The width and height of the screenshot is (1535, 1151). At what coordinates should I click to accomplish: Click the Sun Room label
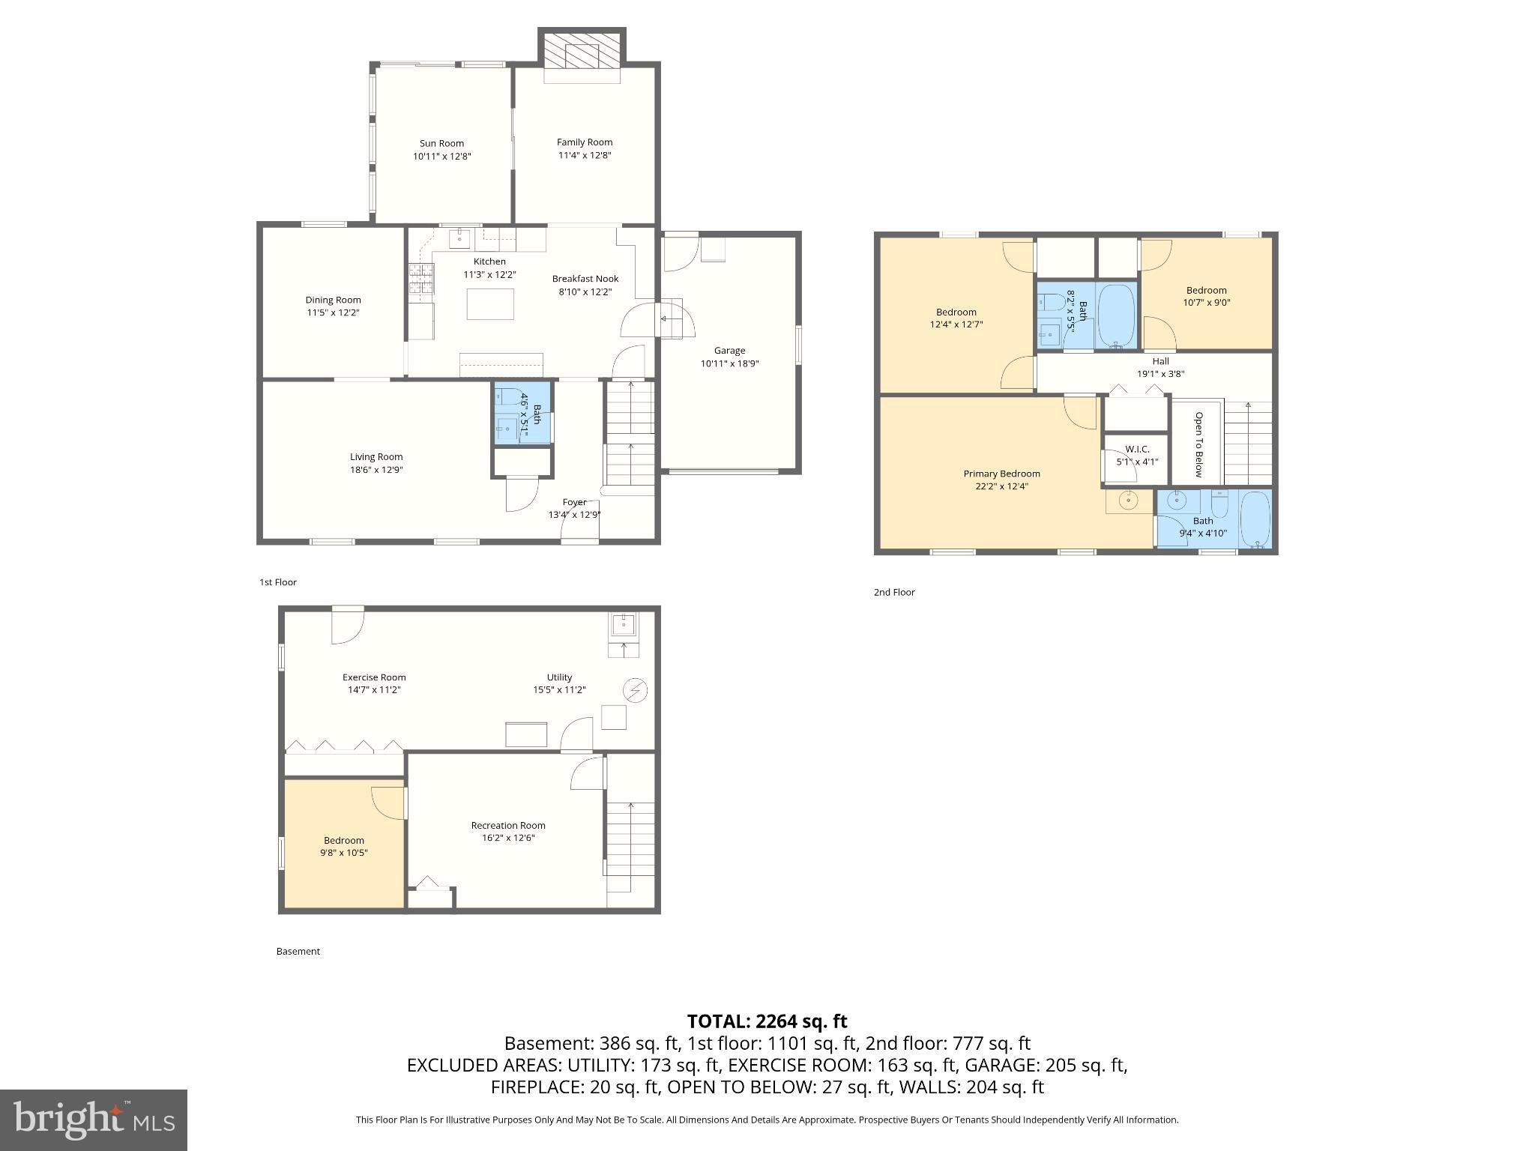[441, 143]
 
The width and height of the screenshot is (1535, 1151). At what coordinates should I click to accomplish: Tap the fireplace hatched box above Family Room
[582, 49]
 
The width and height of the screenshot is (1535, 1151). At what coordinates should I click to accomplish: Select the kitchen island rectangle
[490, 304]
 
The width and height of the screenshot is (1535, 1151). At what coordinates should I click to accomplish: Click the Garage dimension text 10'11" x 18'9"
[729, 363]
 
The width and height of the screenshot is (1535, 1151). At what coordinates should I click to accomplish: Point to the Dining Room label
[333, 300]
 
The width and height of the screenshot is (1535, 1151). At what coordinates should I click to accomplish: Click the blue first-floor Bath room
[522, 414]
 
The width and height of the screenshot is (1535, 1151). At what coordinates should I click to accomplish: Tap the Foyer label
[574, 502]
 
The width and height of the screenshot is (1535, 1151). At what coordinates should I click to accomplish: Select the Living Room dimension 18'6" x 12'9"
[376, 470]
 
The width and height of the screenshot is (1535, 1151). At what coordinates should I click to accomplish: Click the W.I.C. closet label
[1137, 449]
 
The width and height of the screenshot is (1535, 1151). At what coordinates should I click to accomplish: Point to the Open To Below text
[1198, 444]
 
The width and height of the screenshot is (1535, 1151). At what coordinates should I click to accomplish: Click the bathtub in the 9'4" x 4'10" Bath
[1255, 520]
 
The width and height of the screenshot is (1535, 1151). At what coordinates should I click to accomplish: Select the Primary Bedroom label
[1001, 474]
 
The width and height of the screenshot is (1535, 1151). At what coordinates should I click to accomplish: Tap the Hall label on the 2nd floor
[1160, 361]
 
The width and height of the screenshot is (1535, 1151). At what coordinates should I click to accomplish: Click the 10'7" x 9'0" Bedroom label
[1206, 290]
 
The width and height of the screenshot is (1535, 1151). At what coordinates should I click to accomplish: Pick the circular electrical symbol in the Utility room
[636, 689]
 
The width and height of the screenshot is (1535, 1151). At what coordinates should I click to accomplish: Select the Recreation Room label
[508, 825]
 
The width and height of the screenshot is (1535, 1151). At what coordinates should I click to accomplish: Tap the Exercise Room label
[374, 677]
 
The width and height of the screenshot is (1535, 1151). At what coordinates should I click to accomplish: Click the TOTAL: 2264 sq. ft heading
[767, 1021]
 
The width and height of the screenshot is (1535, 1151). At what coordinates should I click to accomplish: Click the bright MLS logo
[93, 1120]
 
